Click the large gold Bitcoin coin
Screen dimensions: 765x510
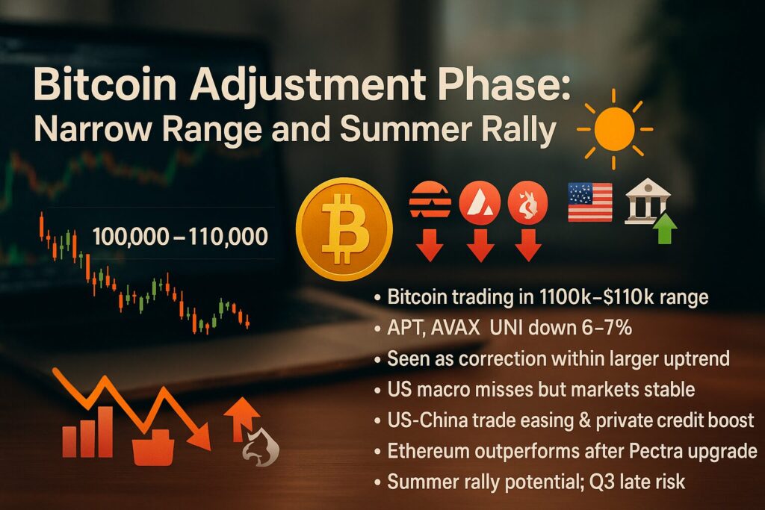click(344, 228)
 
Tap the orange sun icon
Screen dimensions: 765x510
click(614, 129)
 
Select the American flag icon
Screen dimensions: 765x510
click(590, 202)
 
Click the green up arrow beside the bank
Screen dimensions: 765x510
click(665, 228)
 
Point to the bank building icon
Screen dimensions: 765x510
click(648, 201)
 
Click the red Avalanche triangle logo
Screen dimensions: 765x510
click(480, 203)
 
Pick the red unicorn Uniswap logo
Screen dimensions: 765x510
click(527, 203)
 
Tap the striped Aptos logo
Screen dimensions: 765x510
click(430, 199)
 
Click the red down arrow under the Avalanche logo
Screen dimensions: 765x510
click(480, 245)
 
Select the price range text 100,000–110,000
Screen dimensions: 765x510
click(180, 237)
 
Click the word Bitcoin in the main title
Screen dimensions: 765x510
click(105, 85)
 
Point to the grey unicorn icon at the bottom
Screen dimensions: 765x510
click(261, 447)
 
